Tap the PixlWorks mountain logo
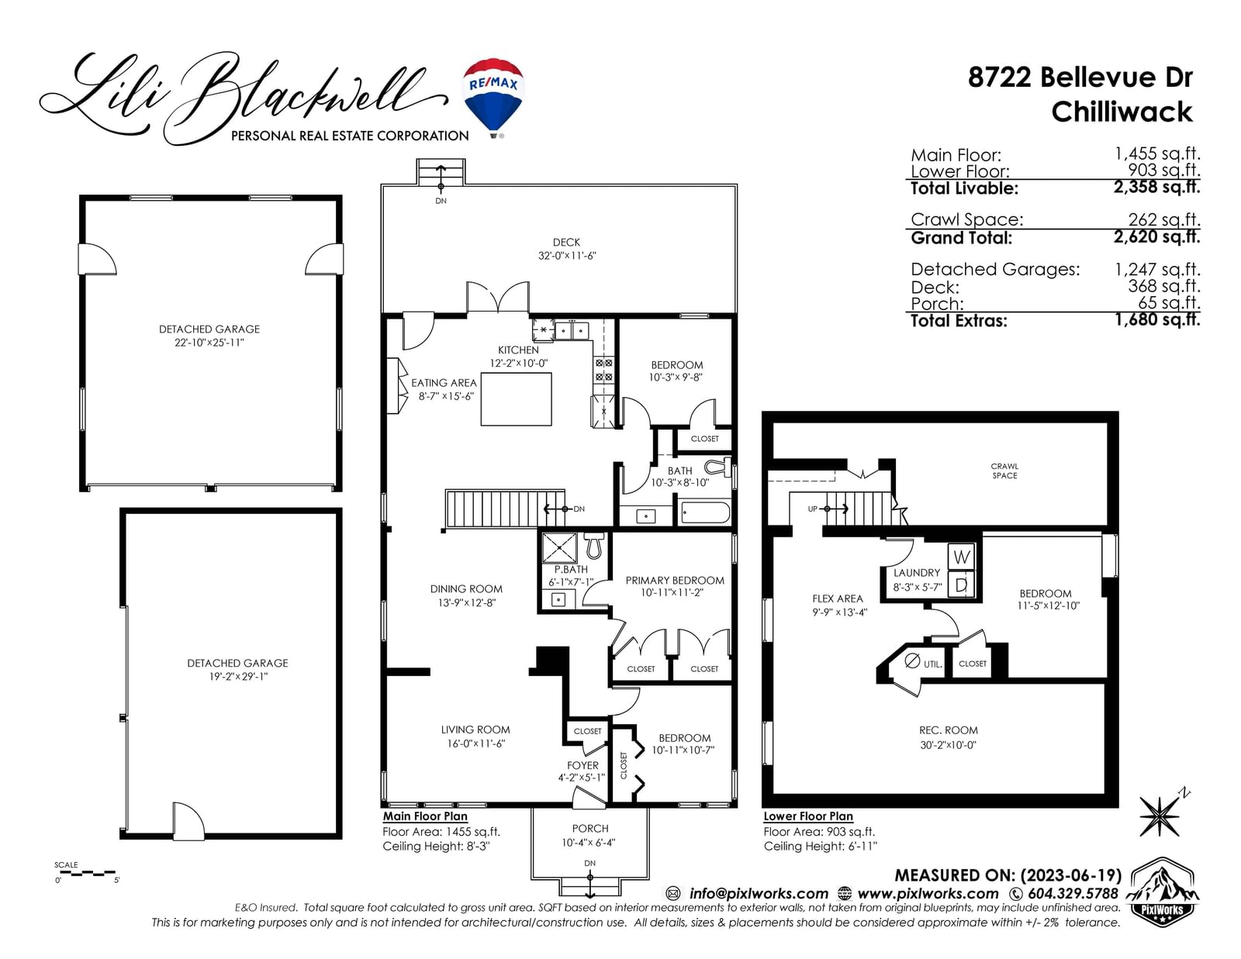(x=1162, y=891)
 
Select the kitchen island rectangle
(x=516, y=399)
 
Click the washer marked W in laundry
(x=962, y=557)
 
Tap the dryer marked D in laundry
(x=962, y=585)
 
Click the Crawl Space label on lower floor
(x=1004, y=471)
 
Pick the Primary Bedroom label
(x=675, y=581)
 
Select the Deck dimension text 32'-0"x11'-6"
(x=566, y=256)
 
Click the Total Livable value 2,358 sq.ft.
(x=1156, y=188)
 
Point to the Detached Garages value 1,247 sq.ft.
(x=1157, y=269)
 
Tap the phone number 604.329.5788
(x=1073, y=893)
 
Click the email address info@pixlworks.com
(x=759, y=893)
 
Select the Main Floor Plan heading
(x=425, y=816)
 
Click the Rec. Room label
(x=948, y=730)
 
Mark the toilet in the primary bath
(x=594, y=545)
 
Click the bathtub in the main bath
(x=705, y=512)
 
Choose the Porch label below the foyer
(x=590, y=828)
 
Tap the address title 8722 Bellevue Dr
(x=1080, y=77)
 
